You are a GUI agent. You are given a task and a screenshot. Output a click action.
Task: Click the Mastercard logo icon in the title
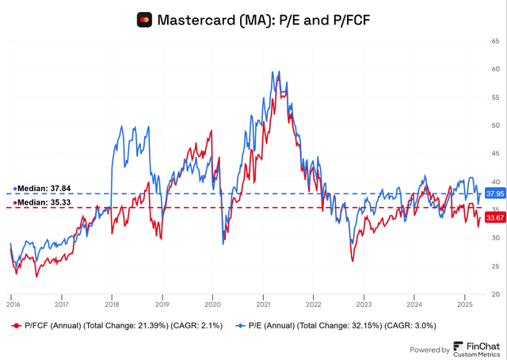[144, 19]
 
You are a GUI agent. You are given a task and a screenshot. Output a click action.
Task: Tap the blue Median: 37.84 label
[43, 190]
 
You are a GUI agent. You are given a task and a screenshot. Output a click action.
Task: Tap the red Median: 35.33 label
[43, 203]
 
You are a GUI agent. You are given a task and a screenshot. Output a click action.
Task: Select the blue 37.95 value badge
[495, 193]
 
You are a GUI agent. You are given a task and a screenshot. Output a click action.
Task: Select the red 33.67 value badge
[495, 217]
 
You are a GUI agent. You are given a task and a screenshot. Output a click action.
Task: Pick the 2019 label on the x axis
[162, 304]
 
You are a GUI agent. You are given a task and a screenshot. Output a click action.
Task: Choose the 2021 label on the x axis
[263, 304]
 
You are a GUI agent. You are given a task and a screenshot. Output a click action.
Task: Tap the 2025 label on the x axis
[466, 304]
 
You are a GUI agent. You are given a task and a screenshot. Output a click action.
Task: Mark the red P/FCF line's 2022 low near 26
[352, 261]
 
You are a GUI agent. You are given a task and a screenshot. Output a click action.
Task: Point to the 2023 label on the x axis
[364, 304]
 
